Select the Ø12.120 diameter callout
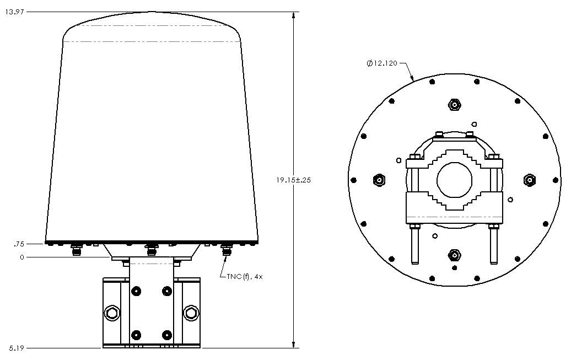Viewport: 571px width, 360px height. click(382, 63)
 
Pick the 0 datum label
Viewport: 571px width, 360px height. click(23, 257)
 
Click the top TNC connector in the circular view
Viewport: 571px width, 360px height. click(454, 104)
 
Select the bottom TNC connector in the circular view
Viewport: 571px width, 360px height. click(454, 255)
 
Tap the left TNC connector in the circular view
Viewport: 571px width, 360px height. click(379, 180)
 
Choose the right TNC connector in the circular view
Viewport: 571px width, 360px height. click(529, 180)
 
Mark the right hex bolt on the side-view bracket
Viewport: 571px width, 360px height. click(191, 314)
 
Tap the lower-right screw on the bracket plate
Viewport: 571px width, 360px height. click(166, 334)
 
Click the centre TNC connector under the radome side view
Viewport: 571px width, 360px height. click(150, 250)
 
